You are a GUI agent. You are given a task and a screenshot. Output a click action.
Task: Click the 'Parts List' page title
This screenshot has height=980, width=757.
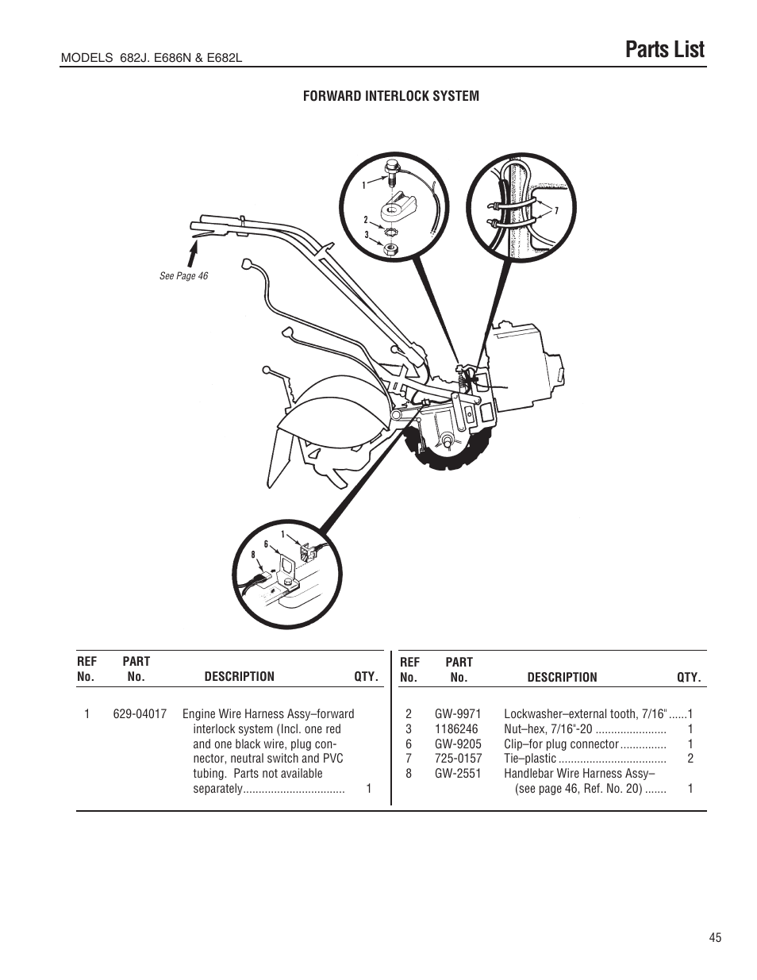(x=664, y=49)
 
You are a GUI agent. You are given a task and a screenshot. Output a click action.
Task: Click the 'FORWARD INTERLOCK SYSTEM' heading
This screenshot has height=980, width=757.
(x=391, y=96)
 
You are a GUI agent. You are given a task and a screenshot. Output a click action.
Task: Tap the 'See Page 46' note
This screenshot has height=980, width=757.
(x=183, y=276)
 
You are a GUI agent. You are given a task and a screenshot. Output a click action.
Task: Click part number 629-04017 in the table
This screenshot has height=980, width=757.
(x=140, y=713)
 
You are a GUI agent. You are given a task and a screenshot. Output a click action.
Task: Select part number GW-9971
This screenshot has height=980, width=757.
(x=458, y=713)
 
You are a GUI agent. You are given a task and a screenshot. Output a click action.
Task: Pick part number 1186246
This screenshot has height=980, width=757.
(x=456, y=728)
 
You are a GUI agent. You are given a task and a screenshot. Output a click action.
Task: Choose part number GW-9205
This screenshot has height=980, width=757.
(x=458, y=744)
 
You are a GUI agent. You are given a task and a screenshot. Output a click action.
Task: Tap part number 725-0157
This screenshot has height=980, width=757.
(x=458, y=759)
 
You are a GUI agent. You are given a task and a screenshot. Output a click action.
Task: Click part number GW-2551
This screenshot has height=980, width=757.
(x=458, y=773)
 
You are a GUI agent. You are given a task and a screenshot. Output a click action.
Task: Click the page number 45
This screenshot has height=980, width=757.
(x=716, y=937)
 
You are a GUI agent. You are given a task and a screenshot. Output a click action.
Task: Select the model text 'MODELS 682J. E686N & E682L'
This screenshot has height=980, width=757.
(x=152, y=59)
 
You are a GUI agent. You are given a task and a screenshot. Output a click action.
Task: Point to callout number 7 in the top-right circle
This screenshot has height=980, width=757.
(x=557, y=211)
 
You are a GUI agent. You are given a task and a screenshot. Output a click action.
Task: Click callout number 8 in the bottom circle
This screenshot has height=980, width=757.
(x=253, y=554)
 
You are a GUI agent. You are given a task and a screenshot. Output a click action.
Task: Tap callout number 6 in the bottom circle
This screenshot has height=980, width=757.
(x=266, y=544)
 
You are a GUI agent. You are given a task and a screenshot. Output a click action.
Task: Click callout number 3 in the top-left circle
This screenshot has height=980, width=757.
(x=367, y=235)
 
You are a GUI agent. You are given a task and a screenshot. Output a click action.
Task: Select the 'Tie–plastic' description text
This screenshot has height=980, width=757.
(x=530, y=759)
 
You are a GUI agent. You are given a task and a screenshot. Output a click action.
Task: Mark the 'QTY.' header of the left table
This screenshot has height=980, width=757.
(x=367, y=677)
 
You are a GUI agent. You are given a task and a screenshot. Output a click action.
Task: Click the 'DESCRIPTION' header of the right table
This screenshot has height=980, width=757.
(x=562, y=677)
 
